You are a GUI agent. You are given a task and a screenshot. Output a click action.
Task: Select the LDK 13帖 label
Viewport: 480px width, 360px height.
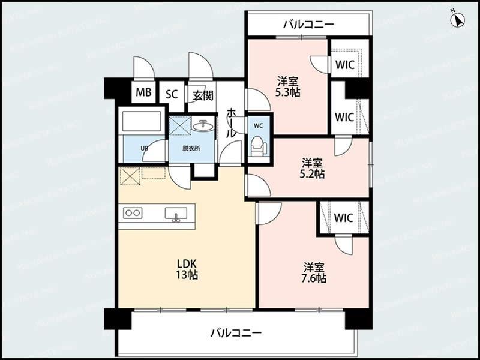tap(187, 269)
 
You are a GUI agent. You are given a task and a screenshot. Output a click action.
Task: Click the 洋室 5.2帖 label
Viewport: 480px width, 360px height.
tap(313, 168)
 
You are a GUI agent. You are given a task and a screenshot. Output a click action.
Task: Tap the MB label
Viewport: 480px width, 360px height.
tap(143, 93)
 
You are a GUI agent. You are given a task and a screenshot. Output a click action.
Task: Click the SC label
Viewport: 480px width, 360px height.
tap(172, 93)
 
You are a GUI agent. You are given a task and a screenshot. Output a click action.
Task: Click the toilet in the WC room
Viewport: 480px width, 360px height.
tap(258, 146)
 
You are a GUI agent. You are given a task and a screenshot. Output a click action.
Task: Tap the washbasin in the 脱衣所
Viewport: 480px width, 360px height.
tap(203, 125)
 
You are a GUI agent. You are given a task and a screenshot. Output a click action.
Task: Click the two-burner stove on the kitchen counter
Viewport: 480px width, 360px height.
tap(132, 213)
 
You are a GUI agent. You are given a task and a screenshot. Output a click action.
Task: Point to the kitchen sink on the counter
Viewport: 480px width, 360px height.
tap(176, 214)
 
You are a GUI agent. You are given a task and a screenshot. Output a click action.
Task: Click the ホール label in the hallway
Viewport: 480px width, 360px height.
tap(230, 122)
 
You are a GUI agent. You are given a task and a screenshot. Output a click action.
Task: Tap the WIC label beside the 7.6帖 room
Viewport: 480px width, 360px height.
tap(344, 217)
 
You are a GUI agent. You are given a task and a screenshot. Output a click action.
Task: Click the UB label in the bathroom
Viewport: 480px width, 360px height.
tap(127, 148)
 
